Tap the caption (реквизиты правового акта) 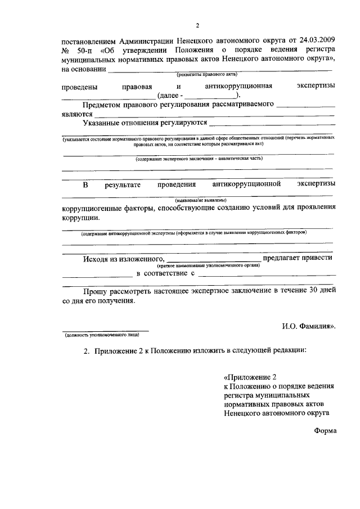207,74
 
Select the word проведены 80,87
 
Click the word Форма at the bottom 325,430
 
